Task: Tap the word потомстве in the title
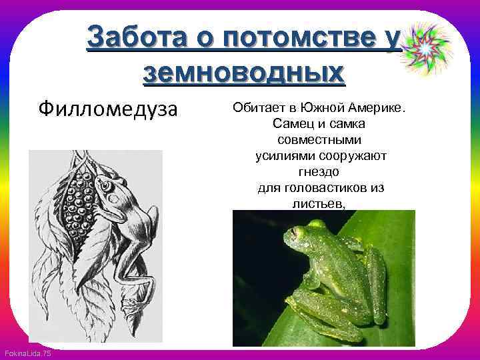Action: tap(304, 39)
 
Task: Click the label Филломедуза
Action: tap(108, 108)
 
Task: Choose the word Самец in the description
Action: tap(291, 125)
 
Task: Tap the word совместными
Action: tap(319, 141)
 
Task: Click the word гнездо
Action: tap(319, 172)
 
